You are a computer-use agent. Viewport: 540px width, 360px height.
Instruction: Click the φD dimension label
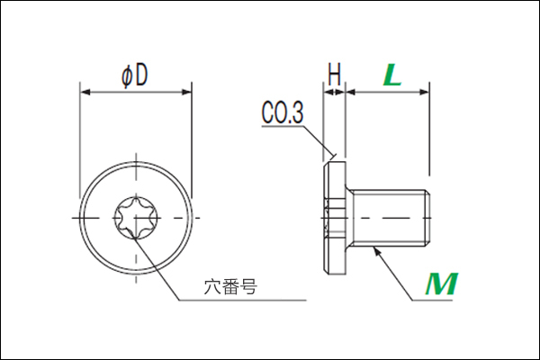135,76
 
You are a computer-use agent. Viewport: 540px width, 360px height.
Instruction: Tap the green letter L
392,75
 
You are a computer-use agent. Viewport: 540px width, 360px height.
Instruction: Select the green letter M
442,283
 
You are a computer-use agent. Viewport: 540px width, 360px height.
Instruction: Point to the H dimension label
335,74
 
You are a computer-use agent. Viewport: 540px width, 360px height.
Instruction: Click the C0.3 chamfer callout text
283,112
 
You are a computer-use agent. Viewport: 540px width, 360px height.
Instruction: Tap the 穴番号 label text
230,286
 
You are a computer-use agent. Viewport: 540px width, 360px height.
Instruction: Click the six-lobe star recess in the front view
137,218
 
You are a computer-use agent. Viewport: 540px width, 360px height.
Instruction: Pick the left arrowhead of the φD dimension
85,92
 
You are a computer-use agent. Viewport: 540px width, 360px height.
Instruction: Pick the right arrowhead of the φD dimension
186,92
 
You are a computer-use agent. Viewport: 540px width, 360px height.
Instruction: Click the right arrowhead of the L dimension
424,92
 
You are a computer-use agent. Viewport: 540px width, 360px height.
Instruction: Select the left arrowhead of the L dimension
351,92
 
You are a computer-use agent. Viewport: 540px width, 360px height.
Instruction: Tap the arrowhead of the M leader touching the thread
377,251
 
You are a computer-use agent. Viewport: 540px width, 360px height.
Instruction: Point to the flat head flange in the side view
335,218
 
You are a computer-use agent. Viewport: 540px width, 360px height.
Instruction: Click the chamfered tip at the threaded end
427,218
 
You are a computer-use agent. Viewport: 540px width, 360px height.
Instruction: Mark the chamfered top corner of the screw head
326,165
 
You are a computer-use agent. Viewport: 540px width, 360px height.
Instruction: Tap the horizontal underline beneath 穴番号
242,300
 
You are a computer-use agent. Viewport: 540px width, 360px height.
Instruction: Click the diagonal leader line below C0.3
319,141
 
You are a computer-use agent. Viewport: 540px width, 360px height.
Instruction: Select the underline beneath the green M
433,300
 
